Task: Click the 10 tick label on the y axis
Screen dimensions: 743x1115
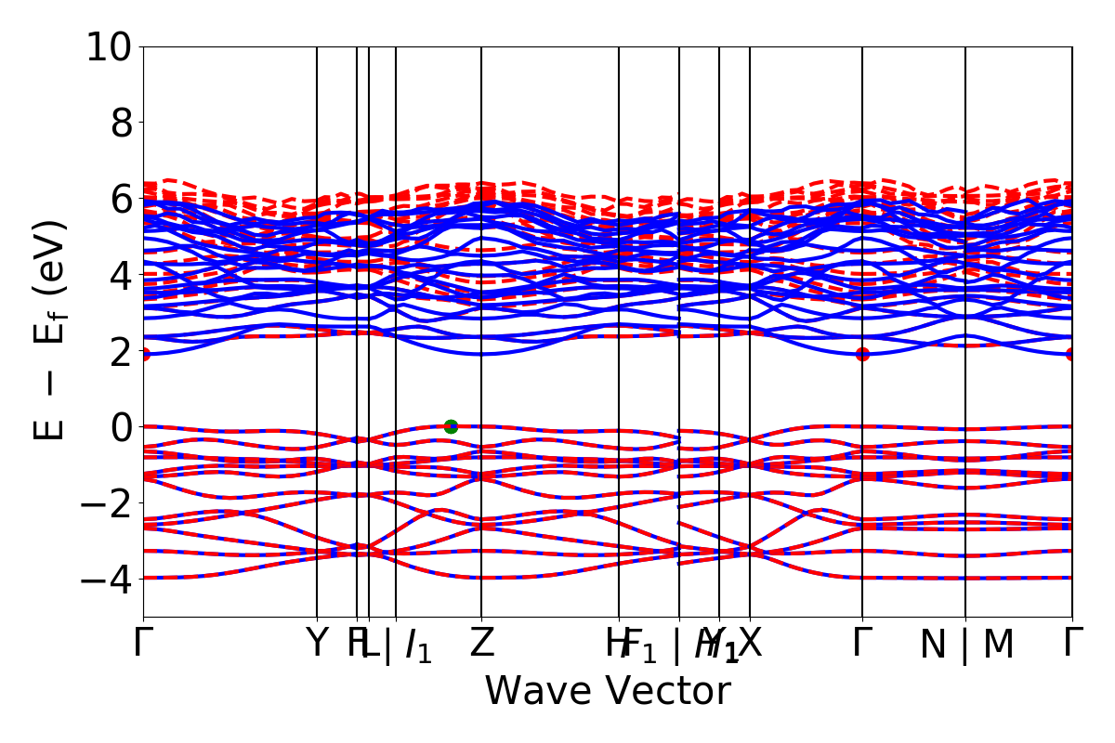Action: pos(111,46)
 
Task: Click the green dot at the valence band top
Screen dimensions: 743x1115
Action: pos(451,426)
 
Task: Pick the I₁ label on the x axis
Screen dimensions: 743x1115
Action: pos(419,645)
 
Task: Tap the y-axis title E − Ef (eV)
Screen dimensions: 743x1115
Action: pos(51,330)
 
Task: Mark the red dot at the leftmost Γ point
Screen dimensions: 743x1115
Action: pos(144,354)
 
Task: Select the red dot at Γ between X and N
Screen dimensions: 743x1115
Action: pos(862,354)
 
